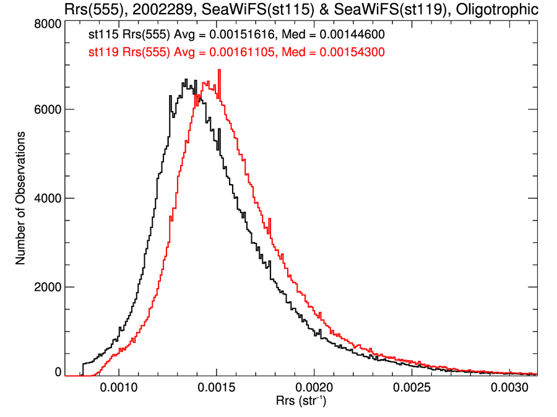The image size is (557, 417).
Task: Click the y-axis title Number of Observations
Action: tap(20, 198)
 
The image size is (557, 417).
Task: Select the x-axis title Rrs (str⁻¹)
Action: tap(301, 402)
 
